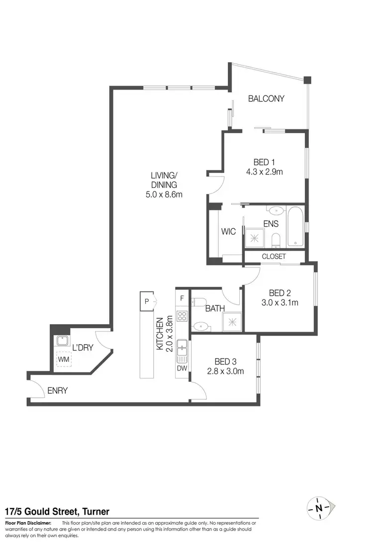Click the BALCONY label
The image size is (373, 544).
266,98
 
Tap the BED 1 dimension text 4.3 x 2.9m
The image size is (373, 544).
264,172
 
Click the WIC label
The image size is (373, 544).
228,232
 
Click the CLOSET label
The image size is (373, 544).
274,257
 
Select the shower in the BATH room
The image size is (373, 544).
231,322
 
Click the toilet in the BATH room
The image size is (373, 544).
200,302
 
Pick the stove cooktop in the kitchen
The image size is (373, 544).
182,317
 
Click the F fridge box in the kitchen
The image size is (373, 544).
182,298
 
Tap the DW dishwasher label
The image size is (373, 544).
182,369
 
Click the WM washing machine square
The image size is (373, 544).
63,358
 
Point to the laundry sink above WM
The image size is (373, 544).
63,341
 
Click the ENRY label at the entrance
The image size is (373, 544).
57,391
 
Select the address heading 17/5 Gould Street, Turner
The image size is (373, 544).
57,512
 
